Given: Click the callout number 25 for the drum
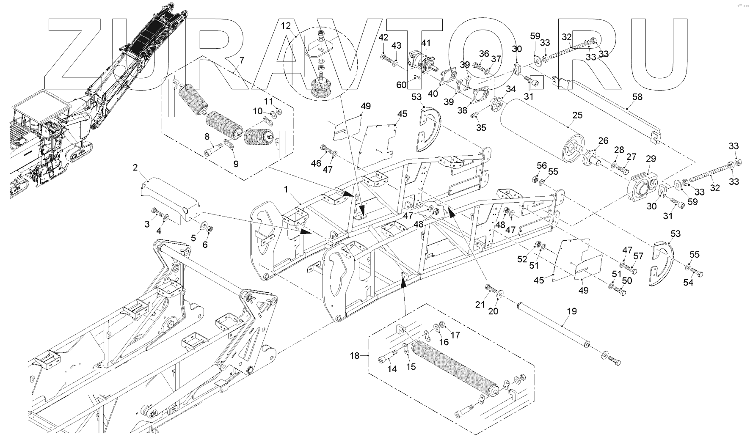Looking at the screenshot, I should [577, 115].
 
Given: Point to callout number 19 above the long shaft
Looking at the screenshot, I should [571, 311].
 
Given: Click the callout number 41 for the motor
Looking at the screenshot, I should [425, 43].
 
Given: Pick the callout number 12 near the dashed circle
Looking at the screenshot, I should [286, 25].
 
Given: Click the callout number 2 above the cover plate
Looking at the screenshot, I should [135, 168].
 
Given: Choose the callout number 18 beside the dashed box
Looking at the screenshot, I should [354, 356].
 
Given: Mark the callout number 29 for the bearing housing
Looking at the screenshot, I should [651, 159].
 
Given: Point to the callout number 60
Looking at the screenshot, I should [401, 85].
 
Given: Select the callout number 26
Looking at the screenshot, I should [603, 140].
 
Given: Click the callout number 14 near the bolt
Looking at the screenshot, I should [392, 369].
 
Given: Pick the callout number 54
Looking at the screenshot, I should [688, 283].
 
